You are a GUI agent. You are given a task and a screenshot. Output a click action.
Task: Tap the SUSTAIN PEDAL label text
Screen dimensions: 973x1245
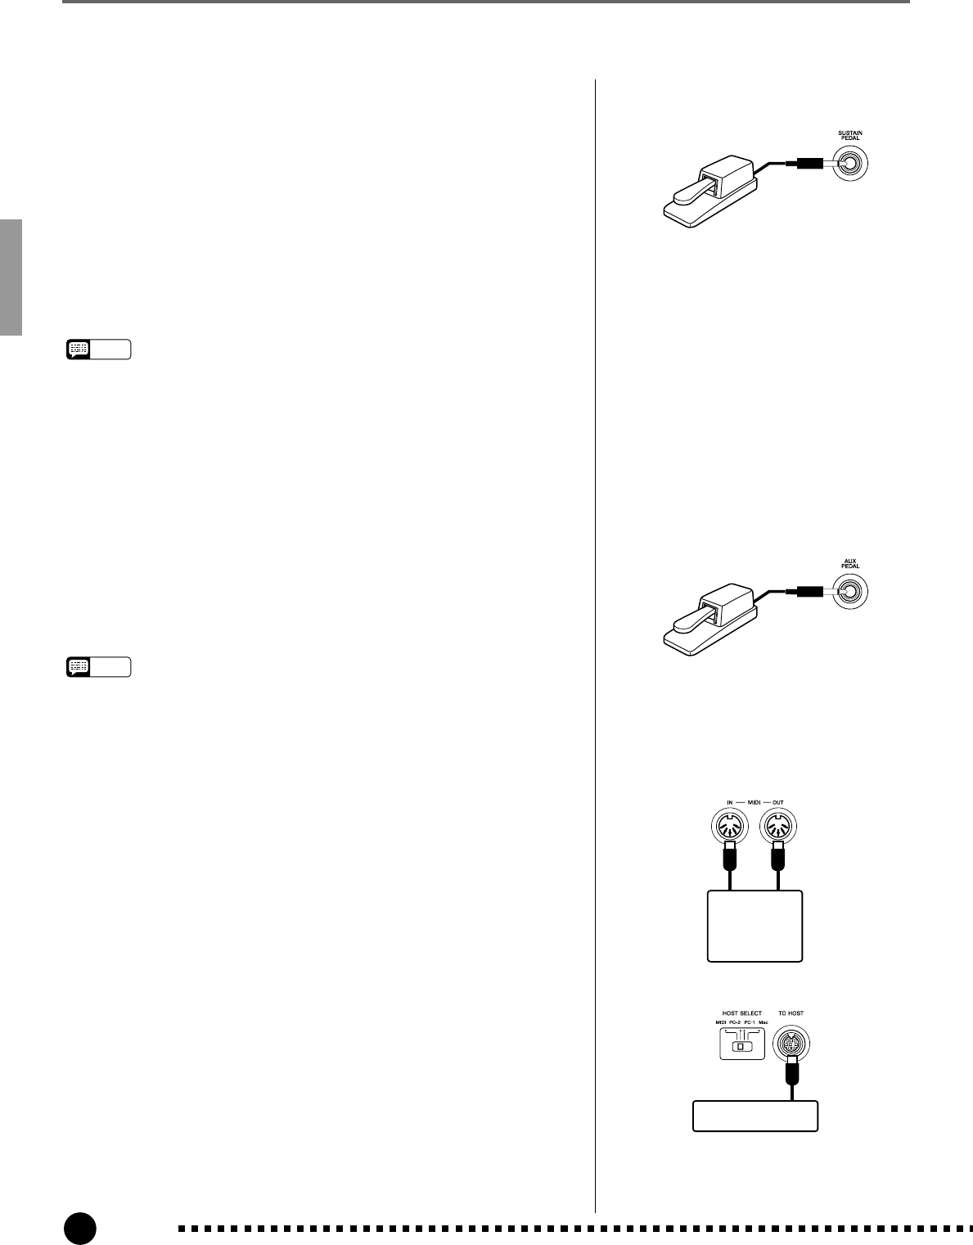850,136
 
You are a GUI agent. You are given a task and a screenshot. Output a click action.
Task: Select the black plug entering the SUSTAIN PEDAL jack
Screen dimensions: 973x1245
801,166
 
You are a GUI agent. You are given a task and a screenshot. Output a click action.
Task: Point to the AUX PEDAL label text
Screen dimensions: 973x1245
850,564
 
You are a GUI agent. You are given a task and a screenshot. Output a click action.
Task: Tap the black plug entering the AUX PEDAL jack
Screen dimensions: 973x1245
801,592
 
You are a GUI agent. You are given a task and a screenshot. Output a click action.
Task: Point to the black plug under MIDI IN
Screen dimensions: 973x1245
730,859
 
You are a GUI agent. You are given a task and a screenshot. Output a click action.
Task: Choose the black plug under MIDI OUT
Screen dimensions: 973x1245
778,859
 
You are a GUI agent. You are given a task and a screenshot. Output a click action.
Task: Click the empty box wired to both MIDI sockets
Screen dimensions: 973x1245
754,926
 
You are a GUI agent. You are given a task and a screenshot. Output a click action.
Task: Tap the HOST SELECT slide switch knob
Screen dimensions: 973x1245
741,1047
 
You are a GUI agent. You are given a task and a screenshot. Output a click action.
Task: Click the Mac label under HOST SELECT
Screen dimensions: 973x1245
763,1023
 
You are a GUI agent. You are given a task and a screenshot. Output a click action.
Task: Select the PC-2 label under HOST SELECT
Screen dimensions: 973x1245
735,1023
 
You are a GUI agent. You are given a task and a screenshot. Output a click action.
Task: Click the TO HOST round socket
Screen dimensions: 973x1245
791,1045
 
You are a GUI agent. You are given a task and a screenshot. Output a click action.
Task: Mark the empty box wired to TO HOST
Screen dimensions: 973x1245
755,1116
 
